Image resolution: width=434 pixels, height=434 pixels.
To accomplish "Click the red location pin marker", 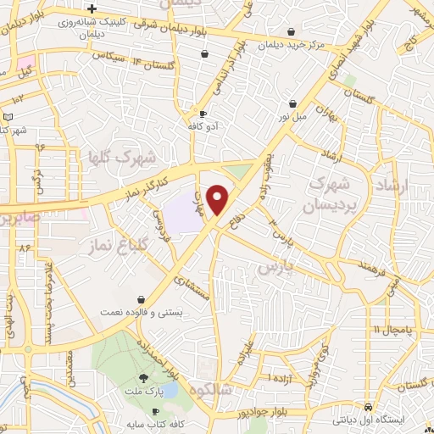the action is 218,200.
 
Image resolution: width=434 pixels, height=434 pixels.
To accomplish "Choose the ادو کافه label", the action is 204,125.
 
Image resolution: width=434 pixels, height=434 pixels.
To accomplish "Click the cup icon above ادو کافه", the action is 203,114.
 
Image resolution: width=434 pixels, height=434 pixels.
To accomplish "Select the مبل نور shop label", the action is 291,115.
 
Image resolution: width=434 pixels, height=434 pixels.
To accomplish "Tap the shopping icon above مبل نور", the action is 292,103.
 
